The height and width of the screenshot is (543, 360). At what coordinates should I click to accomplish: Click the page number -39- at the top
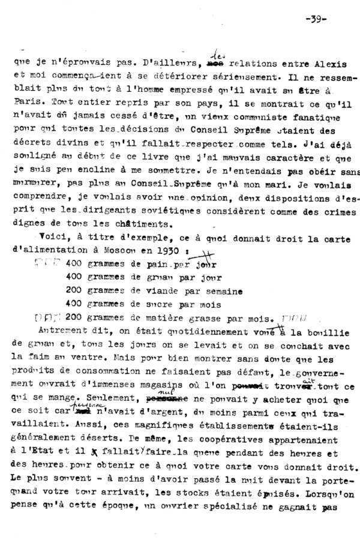pyautogui.click(x=314, y=17)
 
